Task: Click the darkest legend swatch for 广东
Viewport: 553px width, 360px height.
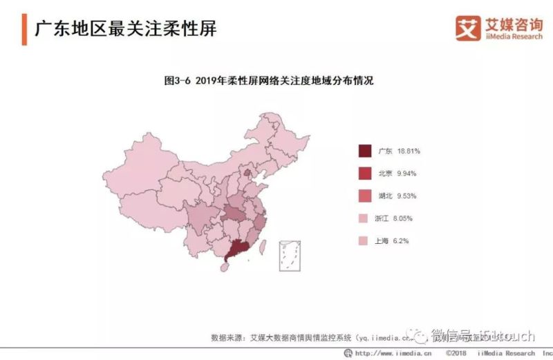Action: click(365, 151)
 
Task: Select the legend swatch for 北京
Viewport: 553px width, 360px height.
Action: click(365, 173)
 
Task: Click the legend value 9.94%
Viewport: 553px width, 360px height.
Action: click(406, 173)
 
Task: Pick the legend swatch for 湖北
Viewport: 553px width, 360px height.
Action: click(365, 196)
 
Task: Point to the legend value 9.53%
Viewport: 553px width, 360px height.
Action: click(406, 196)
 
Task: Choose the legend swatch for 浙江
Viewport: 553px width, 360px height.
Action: click(365, 218)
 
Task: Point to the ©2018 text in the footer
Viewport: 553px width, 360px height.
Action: click(458, 353)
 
